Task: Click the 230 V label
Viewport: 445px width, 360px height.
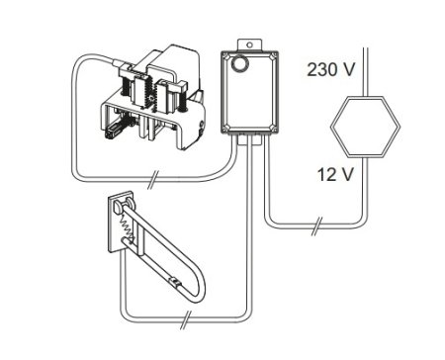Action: tap(331, 69)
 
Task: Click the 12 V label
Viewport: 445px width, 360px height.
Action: tap(335, 174)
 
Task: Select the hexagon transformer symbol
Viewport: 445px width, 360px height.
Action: tap(365, 126)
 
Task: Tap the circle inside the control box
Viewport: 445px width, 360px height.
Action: tap(237, 63)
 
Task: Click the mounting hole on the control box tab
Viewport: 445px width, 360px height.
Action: tap(249, 45)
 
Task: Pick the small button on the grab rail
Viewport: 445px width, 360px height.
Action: tap(174, 282)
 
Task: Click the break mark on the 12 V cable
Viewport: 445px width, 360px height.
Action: tap(316, 225)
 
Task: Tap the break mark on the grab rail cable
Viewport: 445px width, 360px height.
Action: tap(186, 319)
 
